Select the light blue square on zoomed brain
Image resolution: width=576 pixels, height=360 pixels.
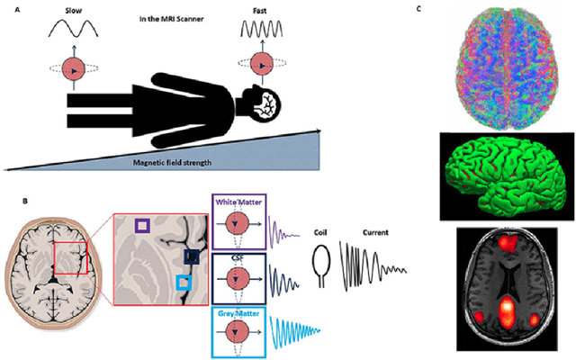[x=184, y=283]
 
